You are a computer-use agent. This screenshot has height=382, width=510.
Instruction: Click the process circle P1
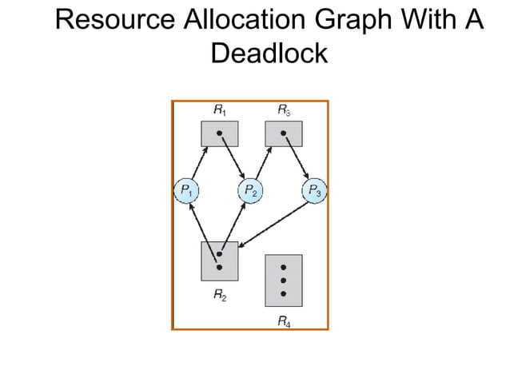click(185, 191)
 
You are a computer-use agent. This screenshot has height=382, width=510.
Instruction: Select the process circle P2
click(250, 191)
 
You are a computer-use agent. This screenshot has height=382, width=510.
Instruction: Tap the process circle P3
click(314, 191)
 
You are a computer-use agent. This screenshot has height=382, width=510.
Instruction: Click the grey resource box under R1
click(219, 133)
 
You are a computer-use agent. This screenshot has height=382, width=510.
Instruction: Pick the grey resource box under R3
click(283, 133)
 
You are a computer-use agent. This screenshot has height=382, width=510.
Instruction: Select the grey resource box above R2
click(219, 261)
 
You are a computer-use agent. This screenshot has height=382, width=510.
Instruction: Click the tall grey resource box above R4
click(283, 280)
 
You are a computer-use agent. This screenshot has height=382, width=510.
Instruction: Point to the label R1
click(218, 109)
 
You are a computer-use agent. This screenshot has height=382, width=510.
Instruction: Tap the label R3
click(283, 109)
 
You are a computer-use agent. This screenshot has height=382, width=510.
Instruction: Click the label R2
click(219, 295)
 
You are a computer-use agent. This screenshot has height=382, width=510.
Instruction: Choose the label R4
click(283, 320)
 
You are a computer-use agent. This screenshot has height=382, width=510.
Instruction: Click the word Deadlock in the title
click(269, 53)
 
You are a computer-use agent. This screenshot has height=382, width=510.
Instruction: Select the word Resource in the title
click(112, 18)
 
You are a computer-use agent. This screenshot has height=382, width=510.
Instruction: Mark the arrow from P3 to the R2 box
click(272, 225)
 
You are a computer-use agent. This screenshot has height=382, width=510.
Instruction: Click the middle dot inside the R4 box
click(283, 281)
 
